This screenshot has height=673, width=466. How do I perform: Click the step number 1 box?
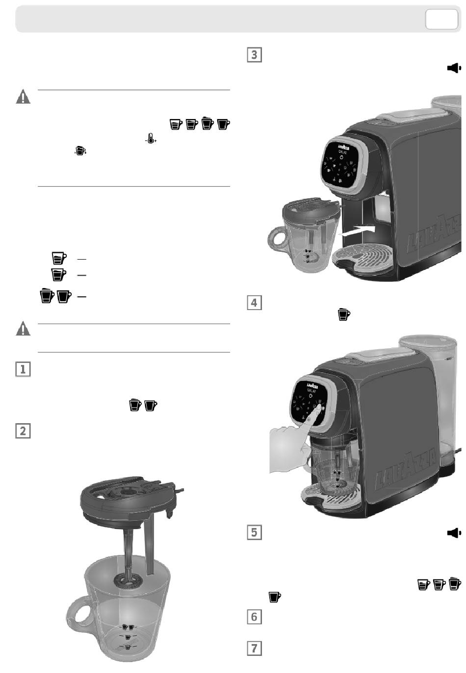click(x=23, y=369)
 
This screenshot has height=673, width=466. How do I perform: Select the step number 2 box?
click(x=23, y=431)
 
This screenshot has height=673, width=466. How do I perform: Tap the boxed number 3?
click(x=254, y=54)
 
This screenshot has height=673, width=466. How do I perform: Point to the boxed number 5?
click(x=254, y=532)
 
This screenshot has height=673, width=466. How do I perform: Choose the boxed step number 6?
click(x=254, y=616)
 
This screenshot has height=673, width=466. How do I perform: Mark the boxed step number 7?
click(x=254, y=648)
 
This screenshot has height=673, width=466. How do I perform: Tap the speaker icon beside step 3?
click(x=454, y=68)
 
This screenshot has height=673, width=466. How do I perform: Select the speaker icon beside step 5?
click(x=454, y=532)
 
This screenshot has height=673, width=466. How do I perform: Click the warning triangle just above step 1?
click(x=23, y=329)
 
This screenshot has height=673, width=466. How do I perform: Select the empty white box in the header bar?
click(x=441, y=20)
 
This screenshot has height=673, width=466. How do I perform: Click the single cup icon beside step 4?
click(x=344, y=314)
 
